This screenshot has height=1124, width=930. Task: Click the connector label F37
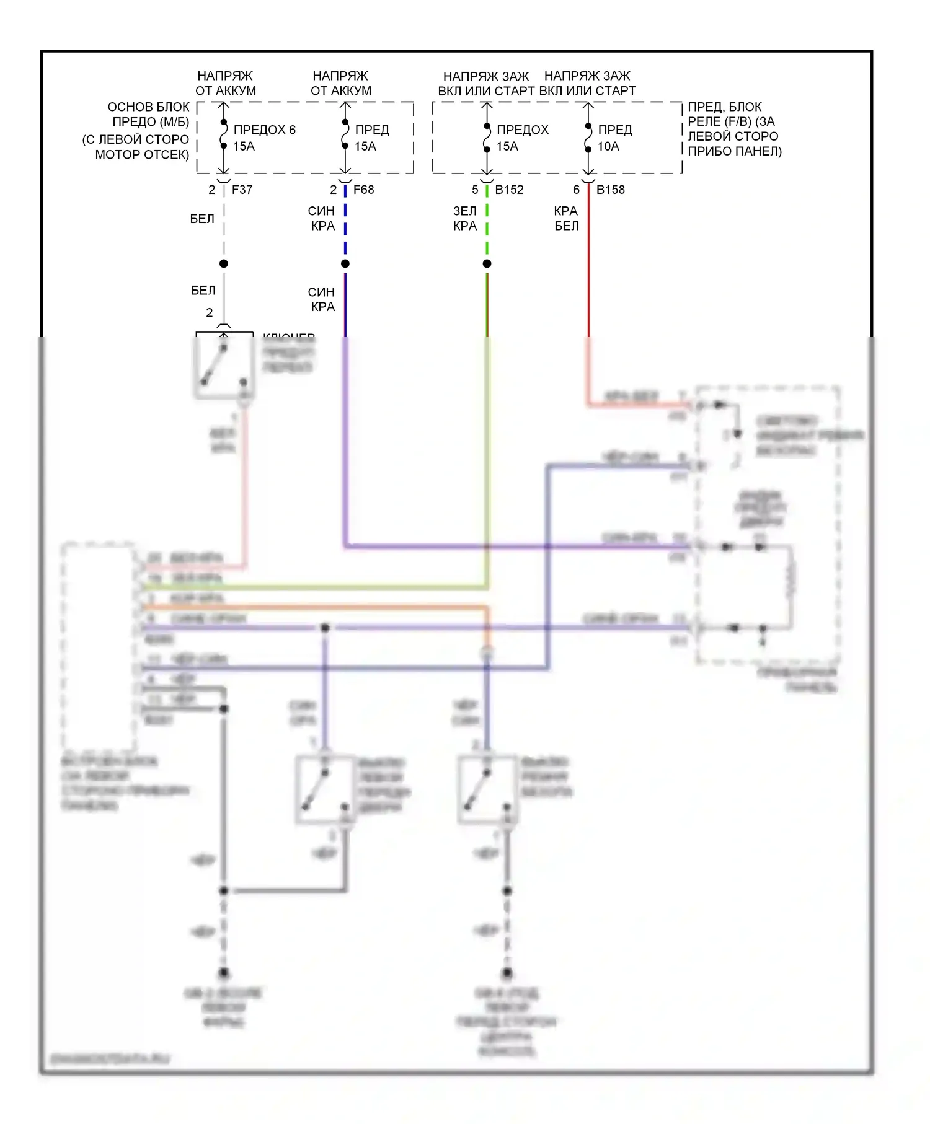point(242,190)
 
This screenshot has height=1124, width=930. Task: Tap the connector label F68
point(363,190)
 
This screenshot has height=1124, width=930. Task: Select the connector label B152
point(509,190)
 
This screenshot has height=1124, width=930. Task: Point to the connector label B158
point(610,190)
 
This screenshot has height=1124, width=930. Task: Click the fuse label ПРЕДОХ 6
point(264,130)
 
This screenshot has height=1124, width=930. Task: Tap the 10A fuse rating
point(608,146)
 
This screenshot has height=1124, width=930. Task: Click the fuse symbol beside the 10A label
point(588,138)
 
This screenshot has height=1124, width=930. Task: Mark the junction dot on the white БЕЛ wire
point(224,264)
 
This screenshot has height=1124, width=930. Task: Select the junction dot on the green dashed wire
point(487,264)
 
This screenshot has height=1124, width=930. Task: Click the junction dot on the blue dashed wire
point(345,264)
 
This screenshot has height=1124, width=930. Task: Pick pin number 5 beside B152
point(475,190)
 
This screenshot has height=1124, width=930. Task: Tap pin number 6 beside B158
point(576,190)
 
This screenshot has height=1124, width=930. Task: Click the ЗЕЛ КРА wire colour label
point(465,219)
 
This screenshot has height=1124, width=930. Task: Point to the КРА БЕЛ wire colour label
point(566,219)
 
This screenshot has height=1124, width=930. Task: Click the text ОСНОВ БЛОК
point(148,107)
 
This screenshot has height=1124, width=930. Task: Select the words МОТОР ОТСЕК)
point(142,154)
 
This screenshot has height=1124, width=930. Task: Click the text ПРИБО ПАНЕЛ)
point(735,151)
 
